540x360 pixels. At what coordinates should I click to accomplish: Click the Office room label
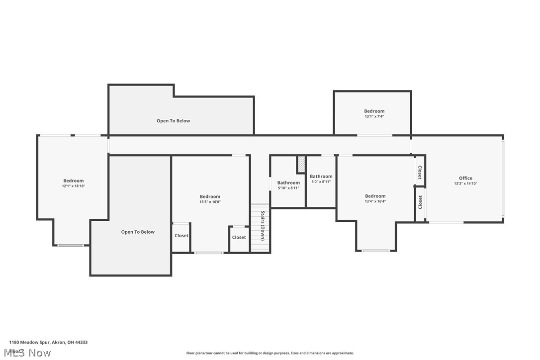(465, 178)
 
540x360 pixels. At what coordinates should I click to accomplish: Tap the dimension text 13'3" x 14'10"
(465, 183)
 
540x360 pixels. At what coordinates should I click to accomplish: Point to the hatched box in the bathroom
(301, 164)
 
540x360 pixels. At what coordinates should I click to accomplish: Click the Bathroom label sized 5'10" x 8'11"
(288, 182)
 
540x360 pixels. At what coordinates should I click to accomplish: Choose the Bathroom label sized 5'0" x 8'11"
(321, 176)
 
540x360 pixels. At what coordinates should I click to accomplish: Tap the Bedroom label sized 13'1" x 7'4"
(374, 111)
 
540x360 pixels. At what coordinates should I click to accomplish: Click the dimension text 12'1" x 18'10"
(73, 186)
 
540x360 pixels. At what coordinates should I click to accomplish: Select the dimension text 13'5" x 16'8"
(210, 202)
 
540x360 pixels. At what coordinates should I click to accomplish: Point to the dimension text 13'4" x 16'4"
(375, 201)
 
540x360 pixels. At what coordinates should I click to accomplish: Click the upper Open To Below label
(173, 121)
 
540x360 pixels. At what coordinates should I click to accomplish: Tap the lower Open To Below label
(138, 232)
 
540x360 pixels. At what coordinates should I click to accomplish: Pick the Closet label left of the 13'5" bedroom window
(181, 236)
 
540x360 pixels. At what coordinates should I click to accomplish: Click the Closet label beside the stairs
(239, 238)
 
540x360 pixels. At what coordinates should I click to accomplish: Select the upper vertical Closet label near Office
(420, 173)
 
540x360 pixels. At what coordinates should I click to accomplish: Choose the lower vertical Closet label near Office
(420, 202)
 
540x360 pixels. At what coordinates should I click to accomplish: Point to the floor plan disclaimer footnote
(270, 353)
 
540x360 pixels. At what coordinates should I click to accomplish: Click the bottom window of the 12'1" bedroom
(71, 245)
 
